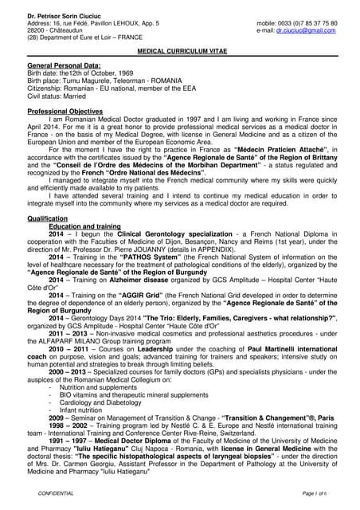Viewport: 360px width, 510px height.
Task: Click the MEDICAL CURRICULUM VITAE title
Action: pos(179,49)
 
